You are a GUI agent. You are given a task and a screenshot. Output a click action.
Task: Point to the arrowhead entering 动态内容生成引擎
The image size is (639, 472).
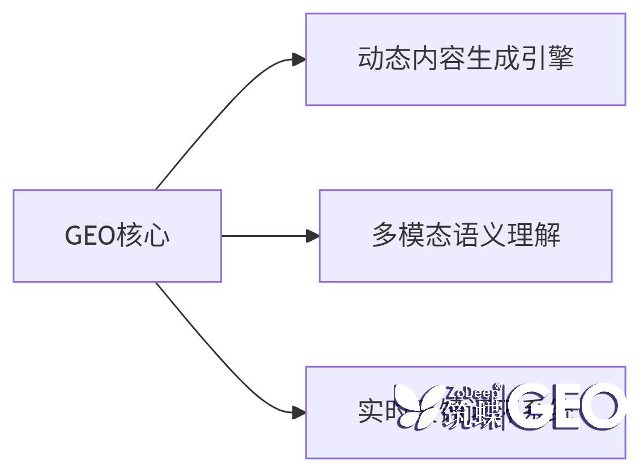pos(299,59)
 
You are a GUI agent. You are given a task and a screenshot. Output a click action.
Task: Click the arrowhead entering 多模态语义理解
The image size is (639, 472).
pos(312,236)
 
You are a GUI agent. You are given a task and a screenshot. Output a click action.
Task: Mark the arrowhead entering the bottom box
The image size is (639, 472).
pos(299,413)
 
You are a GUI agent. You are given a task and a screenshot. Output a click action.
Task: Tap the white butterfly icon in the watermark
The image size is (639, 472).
pos(418,406)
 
